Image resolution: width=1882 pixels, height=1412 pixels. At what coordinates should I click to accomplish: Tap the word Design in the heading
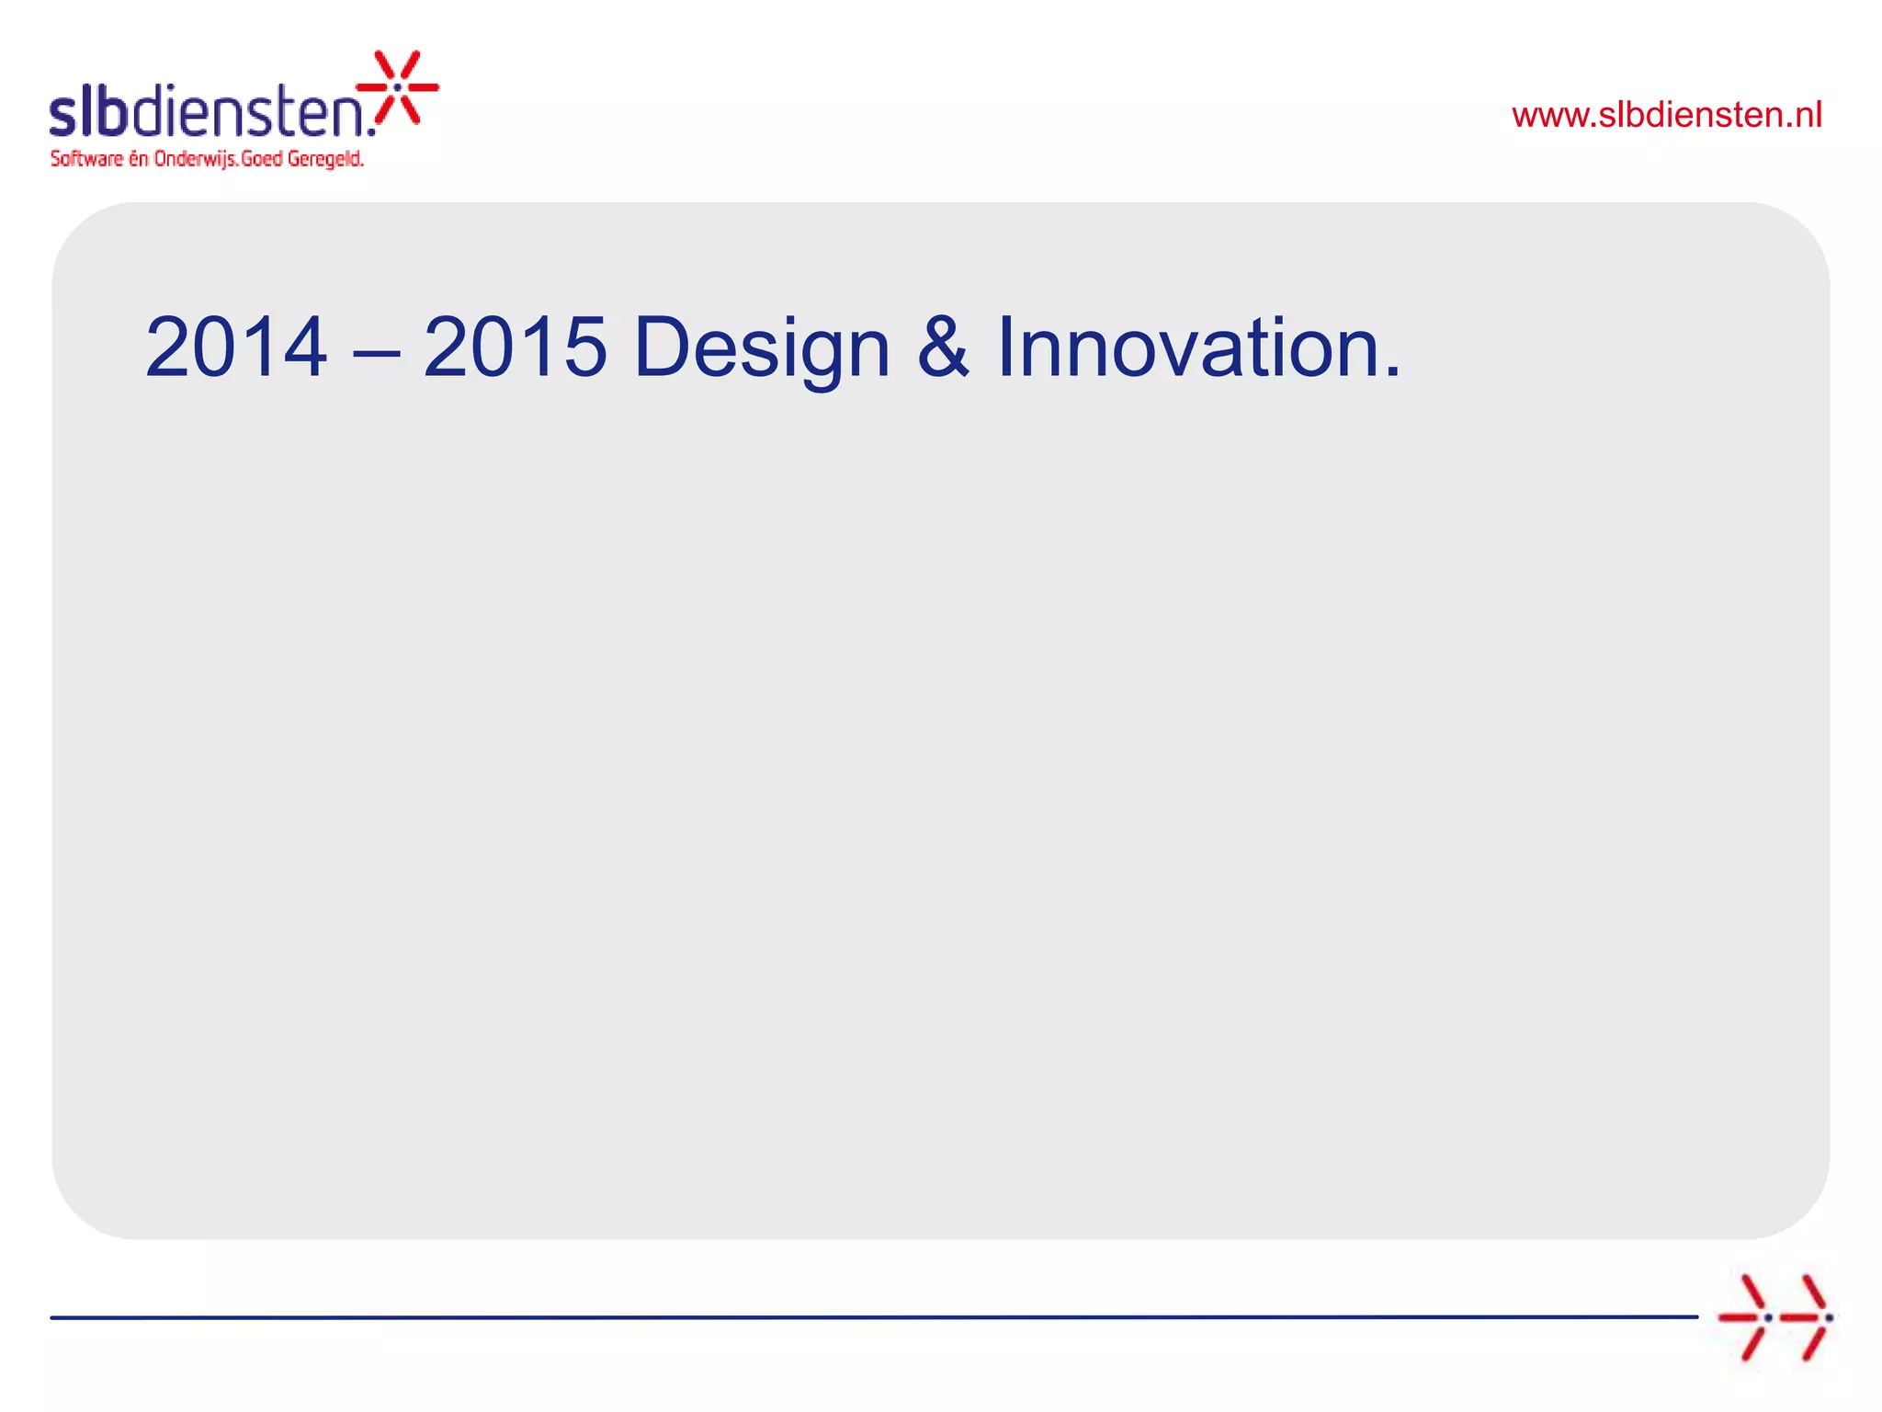[x=762, y=349]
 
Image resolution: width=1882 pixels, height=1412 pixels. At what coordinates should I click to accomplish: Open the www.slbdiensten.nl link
[x=1666, y=115]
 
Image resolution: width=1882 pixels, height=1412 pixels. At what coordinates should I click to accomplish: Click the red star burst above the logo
[x=398, y=87]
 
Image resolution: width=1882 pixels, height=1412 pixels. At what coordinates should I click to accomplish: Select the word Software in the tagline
[x=86, y=159]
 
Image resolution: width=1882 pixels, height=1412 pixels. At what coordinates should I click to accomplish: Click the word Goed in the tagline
[x=262, y=159]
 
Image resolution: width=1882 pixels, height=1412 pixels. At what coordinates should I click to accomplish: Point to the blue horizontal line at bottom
[x=873, y=1317]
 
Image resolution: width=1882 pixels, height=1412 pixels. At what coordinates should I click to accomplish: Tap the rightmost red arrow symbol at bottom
[x=1806, y=1317]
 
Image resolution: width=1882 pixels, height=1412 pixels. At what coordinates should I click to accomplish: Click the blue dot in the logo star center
[x=397, y=87]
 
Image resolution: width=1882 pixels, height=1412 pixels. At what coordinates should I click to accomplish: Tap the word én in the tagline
[x=138, y=159]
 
